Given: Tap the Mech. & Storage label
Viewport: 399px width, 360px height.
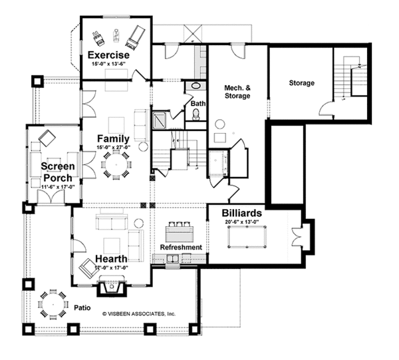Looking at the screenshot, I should pyautogui.click(x=237, y=92).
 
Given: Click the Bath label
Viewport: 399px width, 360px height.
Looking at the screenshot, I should pyautogui.click(x=198, y=104).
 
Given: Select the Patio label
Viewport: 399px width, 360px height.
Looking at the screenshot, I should pyautogui.click(x=81, y=308).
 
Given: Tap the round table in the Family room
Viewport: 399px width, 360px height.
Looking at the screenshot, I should pyautogui.click(x=116, y=163).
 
